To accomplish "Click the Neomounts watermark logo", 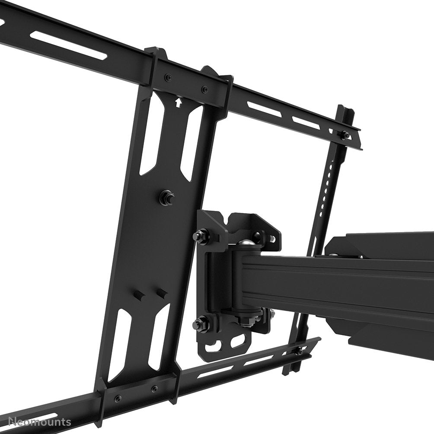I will [35, 421].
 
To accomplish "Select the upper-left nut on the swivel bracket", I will [199, 236].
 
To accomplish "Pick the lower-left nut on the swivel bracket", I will [199, 322].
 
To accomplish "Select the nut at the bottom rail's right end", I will [299, 351].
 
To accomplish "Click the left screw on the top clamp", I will [167, 78].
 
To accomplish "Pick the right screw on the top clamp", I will [203, 90].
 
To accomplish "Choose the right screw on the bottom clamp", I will [154, 389].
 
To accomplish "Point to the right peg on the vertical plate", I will [162, 293].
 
